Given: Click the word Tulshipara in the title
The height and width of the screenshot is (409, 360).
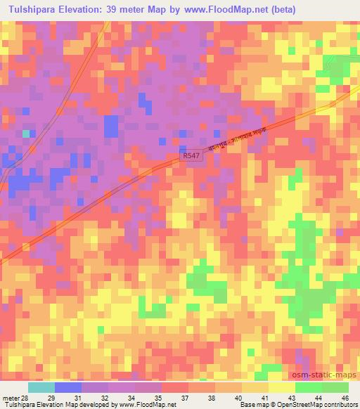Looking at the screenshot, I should [31, 10].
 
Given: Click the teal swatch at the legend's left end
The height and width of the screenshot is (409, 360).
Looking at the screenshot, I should [41, 387].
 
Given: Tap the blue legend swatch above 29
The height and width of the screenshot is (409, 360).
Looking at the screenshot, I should [67, 387].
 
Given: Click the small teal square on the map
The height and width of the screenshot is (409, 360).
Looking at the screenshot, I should [26, 132].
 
